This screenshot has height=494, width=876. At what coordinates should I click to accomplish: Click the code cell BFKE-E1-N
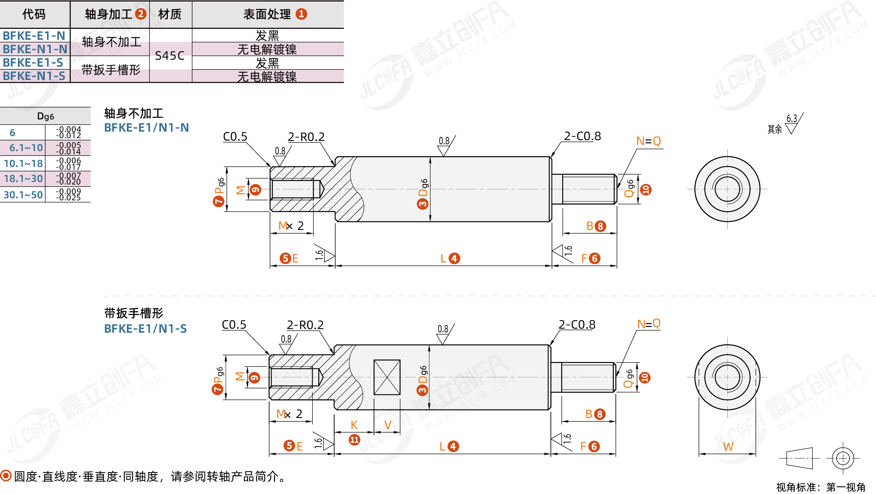pyautogui.click(x=34, y=36)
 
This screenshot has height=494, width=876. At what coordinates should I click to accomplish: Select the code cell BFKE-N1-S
pyautogui.click(x=34, y=76)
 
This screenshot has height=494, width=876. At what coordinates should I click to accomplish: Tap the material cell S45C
pyautogui.click(x=170, y=56)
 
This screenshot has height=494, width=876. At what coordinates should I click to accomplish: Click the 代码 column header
pyautogui.click(x=34, y=14)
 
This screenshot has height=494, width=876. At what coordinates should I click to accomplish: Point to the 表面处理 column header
pyautogui.click(x=275, y=14)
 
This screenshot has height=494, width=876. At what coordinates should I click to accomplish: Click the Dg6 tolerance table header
pyautogui.click(x=46, y=116)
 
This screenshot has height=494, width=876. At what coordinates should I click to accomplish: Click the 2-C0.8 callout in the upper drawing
pyautogui.click(x=583, y=136)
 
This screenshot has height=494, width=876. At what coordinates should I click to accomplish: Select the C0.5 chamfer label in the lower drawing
pyautogui.click(x=234, y=325)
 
